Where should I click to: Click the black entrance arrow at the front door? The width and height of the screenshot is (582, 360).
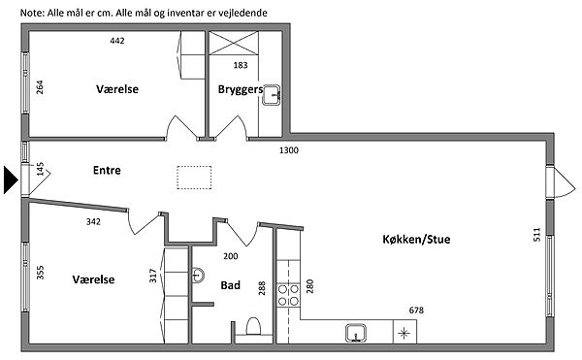point(10,180)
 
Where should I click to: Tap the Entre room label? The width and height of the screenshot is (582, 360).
point(107,171)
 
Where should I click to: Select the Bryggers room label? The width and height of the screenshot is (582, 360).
point(241,89)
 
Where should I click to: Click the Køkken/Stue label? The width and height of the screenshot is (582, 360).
point(416,240)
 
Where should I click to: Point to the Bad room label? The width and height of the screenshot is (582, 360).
point(231,285)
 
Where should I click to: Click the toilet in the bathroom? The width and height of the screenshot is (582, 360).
point(254,327)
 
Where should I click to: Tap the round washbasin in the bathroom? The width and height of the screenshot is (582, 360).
point(198,276)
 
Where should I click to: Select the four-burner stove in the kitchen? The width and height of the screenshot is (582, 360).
point(288,295)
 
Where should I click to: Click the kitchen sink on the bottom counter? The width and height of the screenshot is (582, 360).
point(356,333)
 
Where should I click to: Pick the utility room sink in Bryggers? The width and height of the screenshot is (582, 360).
point(272,95)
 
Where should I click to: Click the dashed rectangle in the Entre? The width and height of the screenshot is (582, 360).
point(194,178)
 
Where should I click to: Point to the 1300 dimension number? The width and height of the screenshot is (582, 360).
point(289,150)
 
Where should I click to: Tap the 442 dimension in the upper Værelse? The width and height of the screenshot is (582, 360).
point(117,41)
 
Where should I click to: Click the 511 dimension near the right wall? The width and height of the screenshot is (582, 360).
point(536,235)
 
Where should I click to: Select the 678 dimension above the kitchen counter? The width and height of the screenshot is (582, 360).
point(416,310)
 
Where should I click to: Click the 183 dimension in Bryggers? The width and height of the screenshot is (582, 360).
point(241,65)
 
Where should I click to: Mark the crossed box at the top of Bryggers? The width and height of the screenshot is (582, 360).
point(234,44)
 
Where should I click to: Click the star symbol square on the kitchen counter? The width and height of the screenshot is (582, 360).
point(404,333)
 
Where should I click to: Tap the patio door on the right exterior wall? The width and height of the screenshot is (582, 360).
point(561,181)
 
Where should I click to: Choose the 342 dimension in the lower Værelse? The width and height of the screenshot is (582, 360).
point(93,221)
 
